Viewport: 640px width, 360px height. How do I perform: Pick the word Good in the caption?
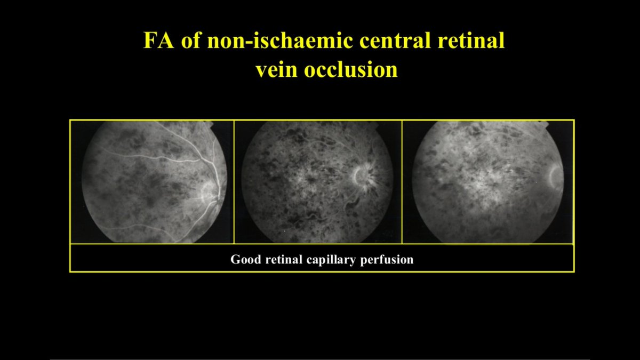(243, 260)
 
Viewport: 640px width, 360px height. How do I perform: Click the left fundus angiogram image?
(152, 182)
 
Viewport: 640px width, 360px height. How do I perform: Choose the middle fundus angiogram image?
(318, 182)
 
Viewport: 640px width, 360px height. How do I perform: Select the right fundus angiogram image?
(487, 182)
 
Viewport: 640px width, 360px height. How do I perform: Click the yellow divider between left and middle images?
(234, 182)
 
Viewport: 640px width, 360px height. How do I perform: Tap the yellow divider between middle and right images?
(402, 182)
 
